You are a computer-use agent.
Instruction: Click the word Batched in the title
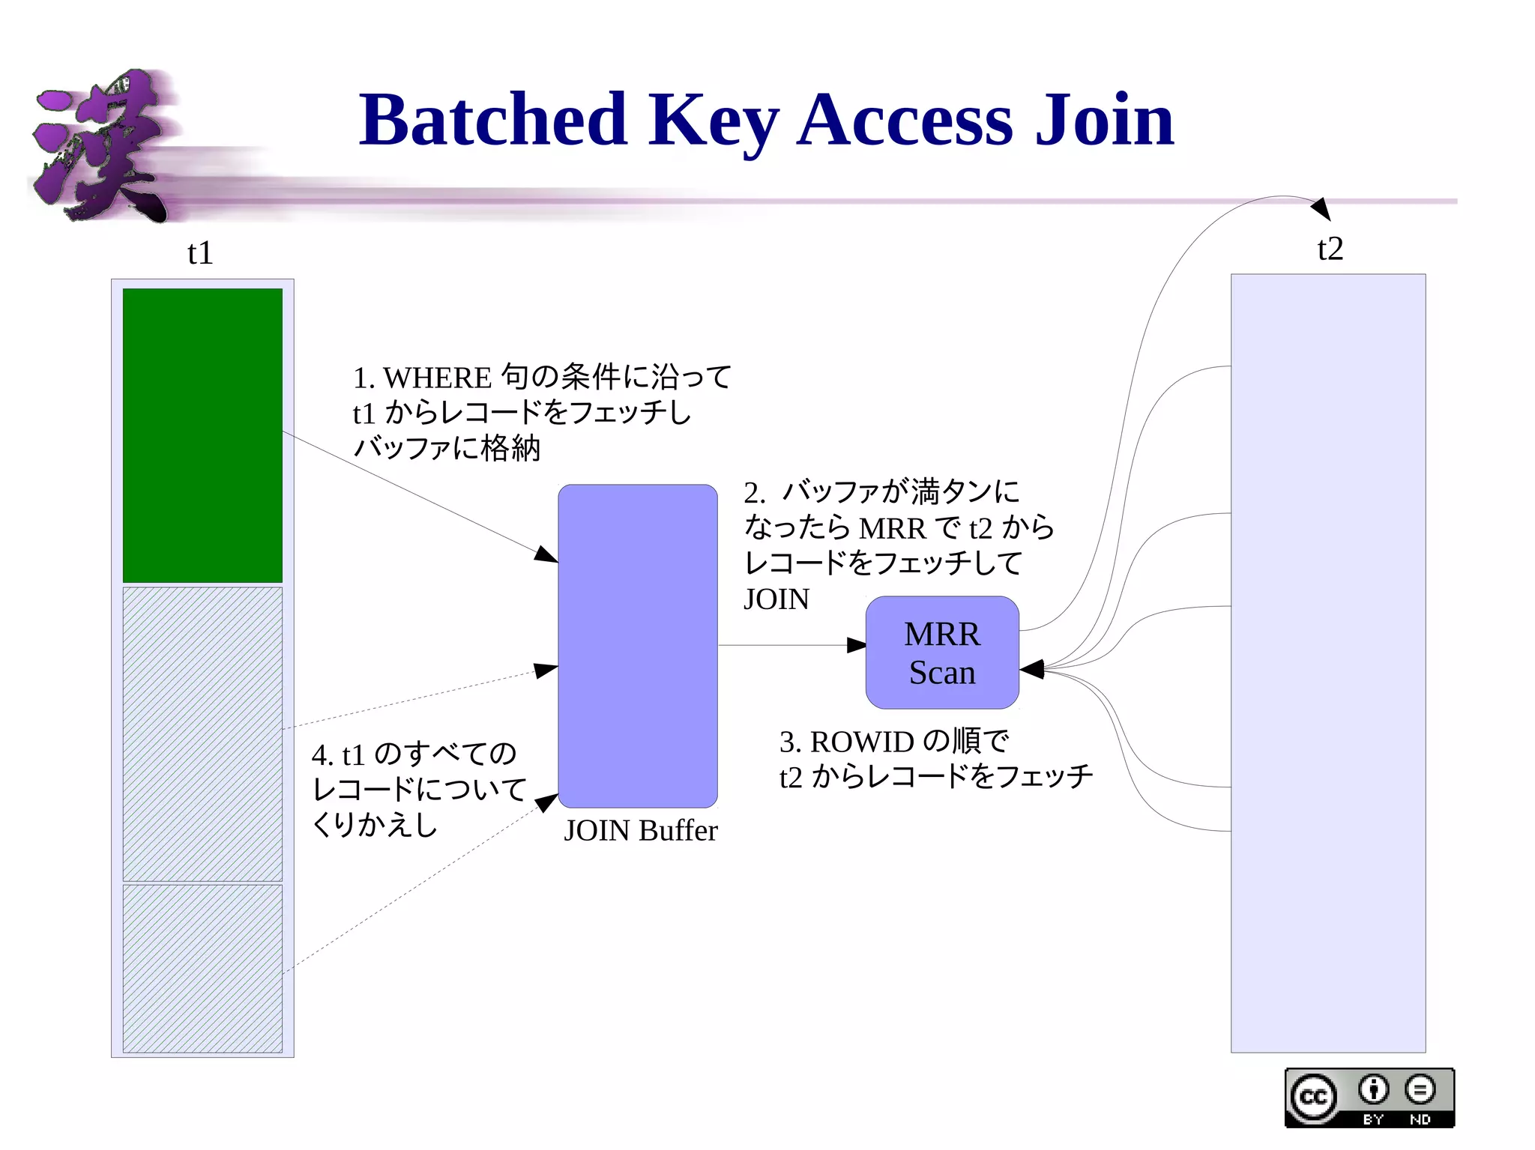pos(492,120)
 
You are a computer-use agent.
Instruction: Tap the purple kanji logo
pos(101,146)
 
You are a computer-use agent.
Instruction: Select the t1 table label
pos(200,253)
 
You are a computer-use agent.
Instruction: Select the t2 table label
pos(1330,249)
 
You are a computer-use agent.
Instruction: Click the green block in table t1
pos(202,435)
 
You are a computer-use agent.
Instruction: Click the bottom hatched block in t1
pos(202,968)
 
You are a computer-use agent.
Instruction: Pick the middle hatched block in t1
pos(202,733)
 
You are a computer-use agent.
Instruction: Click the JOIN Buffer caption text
pos(640,831)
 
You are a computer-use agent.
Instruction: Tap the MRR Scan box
pos(941,653)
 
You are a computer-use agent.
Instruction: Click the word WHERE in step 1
pos(437,378)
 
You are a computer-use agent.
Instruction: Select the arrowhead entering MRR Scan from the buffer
pos(856,645)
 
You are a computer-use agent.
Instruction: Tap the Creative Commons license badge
pos(1369,1098)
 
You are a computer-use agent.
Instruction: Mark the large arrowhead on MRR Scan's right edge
pos(1032,669)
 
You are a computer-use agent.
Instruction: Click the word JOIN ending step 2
pos(776,599)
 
